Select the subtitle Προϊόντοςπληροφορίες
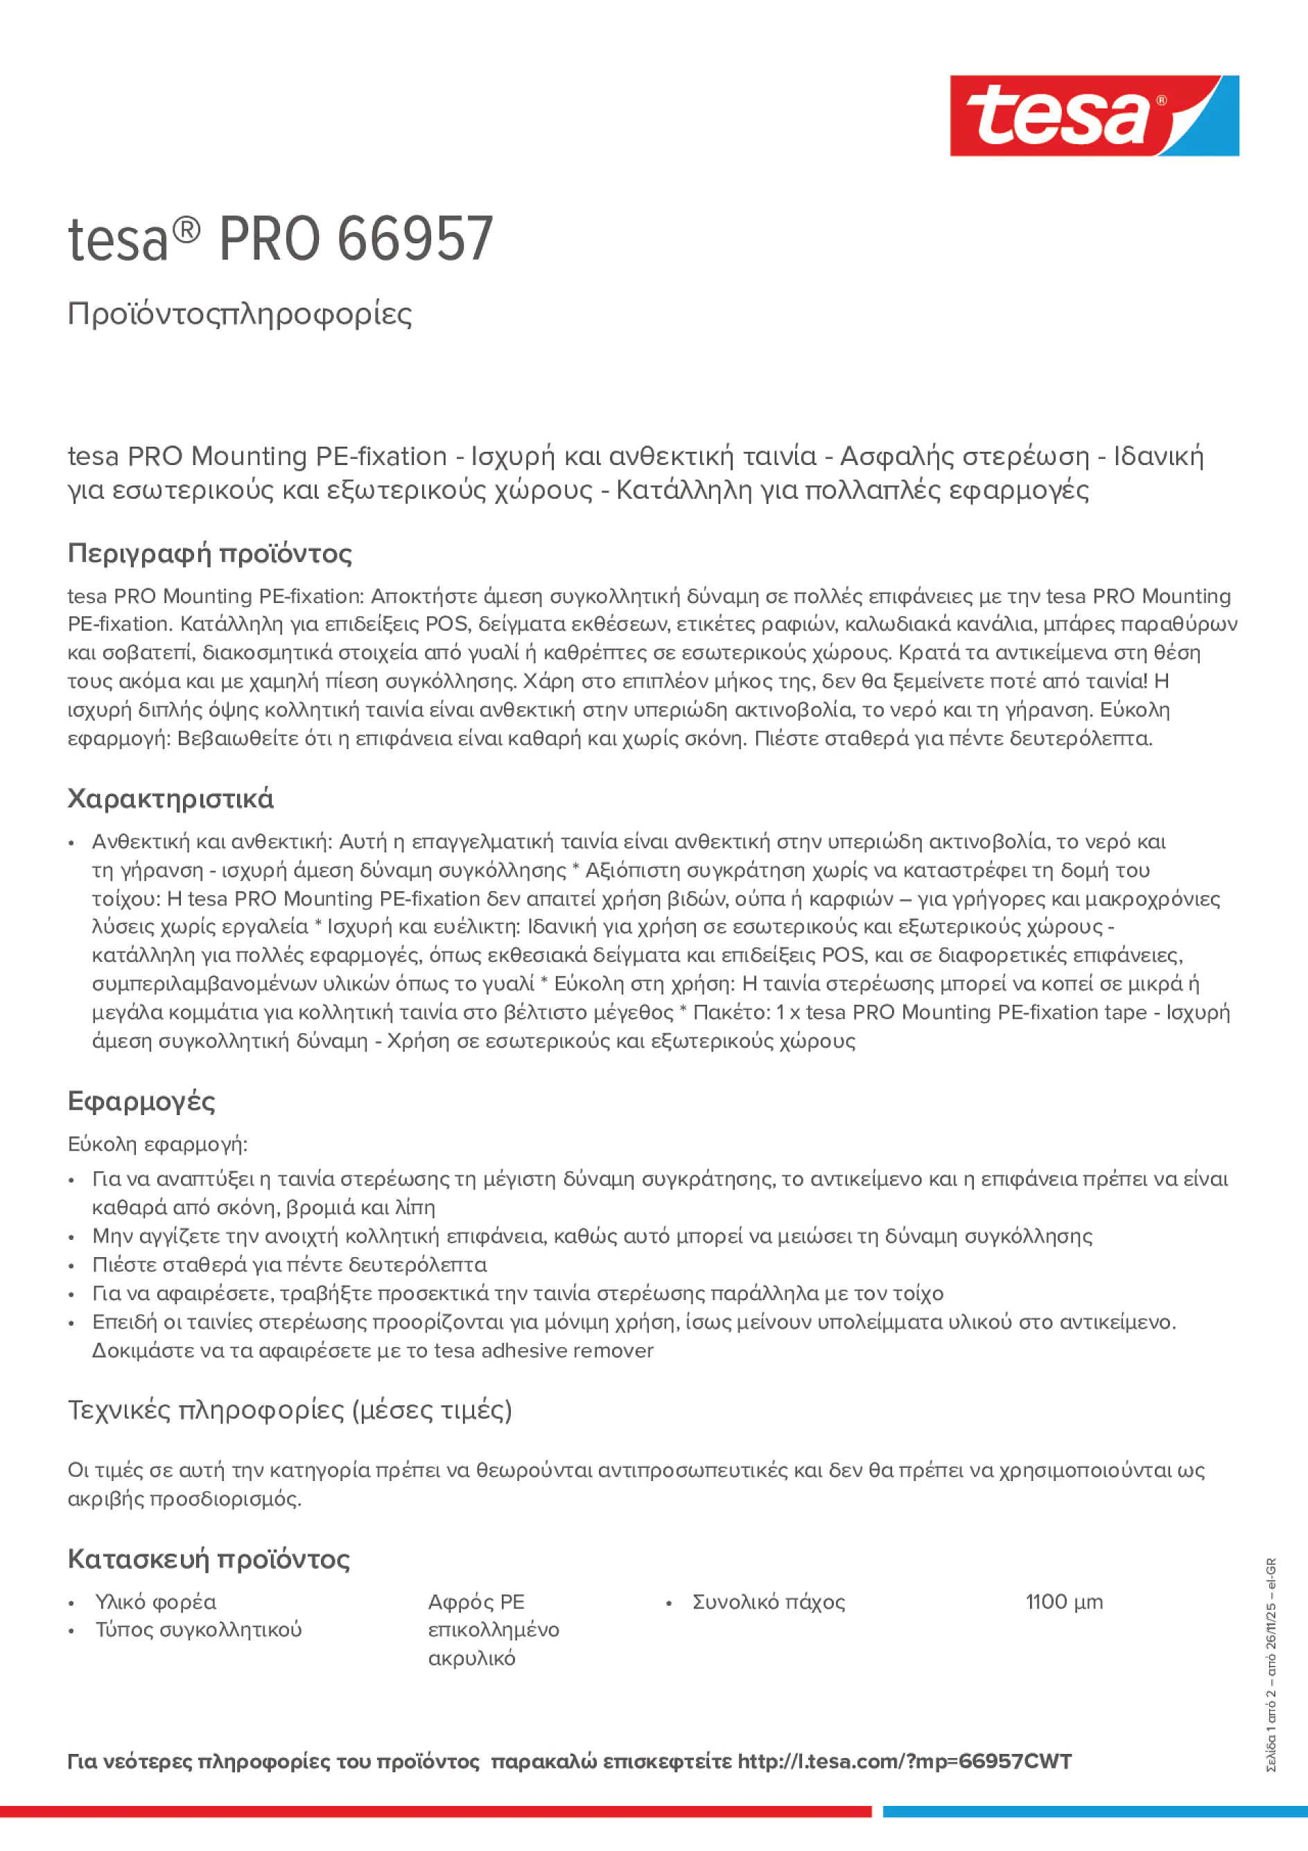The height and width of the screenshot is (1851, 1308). pyautogui.click(x=240, y=314)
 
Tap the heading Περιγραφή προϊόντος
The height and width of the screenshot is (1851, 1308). pyautogui.click(x=209, y=553)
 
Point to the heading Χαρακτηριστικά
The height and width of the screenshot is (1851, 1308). pyautogui.click(x=170, y=799)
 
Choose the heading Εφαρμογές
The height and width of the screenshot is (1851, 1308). pyautogui.click(x=141, y=1101)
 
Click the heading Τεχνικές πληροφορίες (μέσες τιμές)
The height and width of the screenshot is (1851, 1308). pyautogui.click(x=290, y=1410)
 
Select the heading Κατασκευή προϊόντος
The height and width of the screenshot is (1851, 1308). pyautogui.click(x=208, y=1559)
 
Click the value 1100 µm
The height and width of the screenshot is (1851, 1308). pyautogui.click(x=1063, y=1602)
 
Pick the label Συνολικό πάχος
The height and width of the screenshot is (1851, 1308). pyautogui.click(x=769, y=1602)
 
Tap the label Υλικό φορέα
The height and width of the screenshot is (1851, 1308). pyautogui.click(x=156, y=1602)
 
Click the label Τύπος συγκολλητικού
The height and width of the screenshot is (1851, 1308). pyautogui.click(x=198, y=1629)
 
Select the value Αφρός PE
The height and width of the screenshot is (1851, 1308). pyautogui.click(x=476, y=1602)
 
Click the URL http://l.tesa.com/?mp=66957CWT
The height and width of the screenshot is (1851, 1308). pyautogui.click(x=904, y=1762)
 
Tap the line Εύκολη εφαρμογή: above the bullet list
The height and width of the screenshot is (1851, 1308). pyautogui.click(x=157, y=1144)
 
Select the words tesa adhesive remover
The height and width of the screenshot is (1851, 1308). pyautogui.click(x=543, y=1351)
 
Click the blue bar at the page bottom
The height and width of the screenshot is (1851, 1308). pyautogui.click(x=1095, y=1811)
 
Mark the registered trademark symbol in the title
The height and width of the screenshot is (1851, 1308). pyautogui.click(x=186, y=231)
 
